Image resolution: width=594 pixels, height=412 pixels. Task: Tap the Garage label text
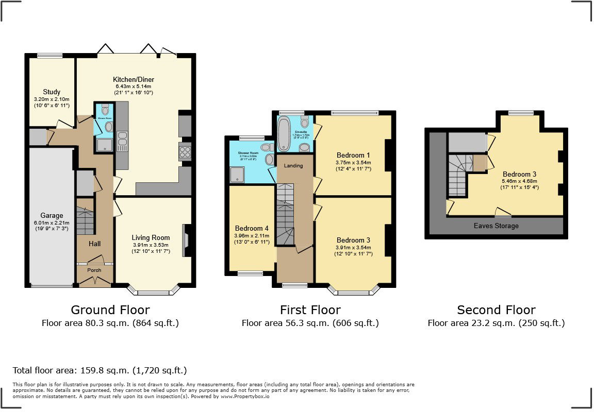click(52, 216)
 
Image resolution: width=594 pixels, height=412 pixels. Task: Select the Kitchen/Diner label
click(134, 79)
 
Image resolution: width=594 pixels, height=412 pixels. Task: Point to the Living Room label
click(151, 237)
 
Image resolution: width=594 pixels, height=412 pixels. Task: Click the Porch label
click(94, 270)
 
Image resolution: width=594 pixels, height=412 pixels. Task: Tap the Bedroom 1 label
click(353, 155)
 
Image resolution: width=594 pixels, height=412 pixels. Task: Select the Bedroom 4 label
click(252, 228)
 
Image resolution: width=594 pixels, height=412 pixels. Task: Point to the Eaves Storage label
click(496, 226)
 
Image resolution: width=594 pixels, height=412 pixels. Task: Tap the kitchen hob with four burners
click(185, 152)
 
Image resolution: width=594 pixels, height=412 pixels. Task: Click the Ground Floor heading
click(110, 310)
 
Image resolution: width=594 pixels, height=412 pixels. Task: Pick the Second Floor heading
click(496, 310)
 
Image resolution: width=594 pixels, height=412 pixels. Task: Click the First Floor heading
click(310, 310)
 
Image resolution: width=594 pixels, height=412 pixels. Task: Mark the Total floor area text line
click(100, 370)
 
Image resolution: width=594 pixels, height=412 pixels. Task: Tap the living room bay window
click(154, 291)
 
